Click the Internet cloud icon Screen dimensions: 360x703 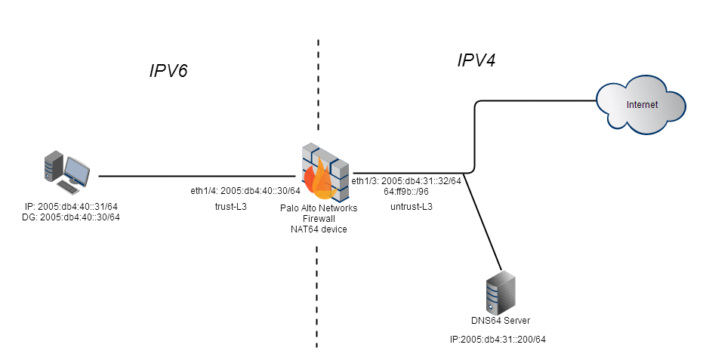pyautogui.click(x=641, y=104)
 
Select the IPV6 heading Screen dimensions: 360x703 pyautogui.click(x=167, y=72)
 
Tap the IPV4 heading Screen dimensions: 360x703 pyautogui.click(x=476, y=60)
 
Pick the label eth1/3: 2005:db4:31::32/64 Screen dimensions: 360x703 pyautogui.click(x=406, y=180)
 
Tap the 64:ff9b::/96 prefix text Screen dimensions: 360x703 pyautogui.click(x=406, y=191)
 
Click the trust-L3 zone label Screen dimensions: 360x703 pyautogui.click(x=231, y=205)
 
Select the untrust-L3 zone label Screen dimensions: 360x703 pyautogui.click(x=412, y=206)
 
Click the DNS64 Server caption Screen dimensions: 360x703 pyautogui.click(x=501, y=322)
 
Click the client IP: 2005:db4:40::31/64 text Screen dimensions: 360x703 pyautogui.click(x=71, y=206)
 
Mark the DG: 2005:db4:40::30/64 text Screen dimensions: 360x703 pyautogui.click(x=71, y=217)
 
